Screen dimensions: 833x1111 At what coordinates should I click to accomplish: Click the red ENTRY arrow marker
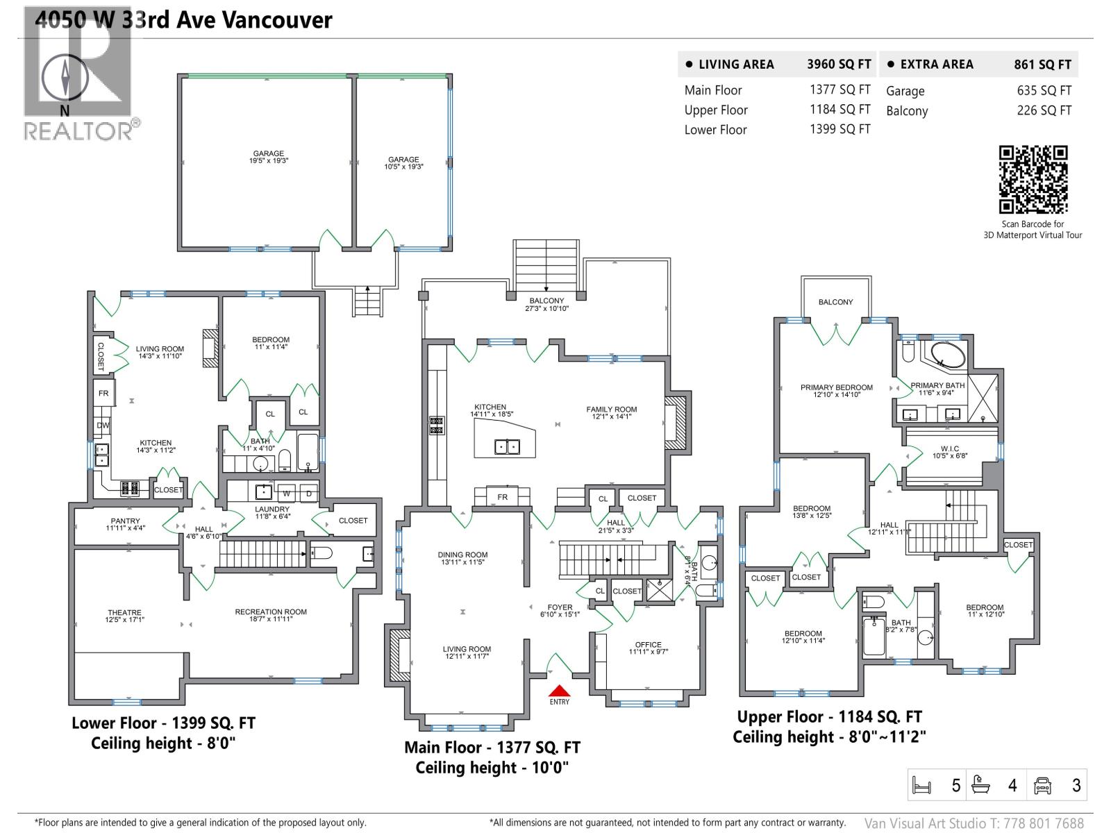click(x=560, y=691)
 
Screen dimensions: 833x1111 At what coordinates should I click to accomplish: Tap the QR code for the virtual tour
click(x=1033, y=180)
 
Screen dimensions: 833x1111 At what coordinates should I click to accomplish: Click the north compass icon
click(x=65, y=77)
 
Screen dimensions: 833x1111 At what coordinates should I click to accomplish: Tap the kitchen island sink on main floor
click(x=507, y=446)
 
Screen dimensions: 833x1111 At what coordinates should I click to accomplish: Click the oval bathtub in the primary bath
click(x=947, y=355)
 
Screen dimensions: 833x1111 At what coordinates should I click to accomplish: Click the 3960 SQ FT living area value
click(x=838, y=65)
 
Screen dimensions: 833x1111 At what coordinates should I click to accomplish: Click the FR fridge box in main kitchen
click(x=502, y=497)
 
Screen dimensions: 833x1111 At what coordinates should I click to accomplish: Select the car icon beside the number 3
click(x=1042, y=785)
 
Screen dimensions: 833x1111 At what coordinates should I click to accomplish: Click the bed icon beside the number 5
click(x=921, y=785)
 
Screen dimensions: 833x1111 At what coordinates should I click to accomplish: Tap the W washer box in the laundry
click(x=286, y=494)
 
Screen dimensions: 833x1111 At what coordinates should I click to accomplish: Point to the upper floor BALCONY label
click(x=835, y=302)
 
